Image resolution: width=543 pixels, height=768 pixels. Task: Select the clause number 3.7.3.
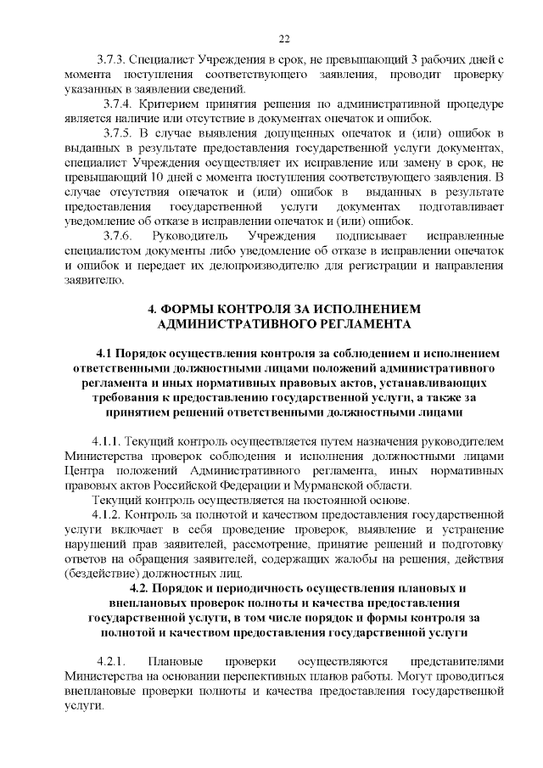111,62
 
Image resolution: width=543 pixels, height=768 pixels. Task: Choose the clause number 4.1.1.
108,442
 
